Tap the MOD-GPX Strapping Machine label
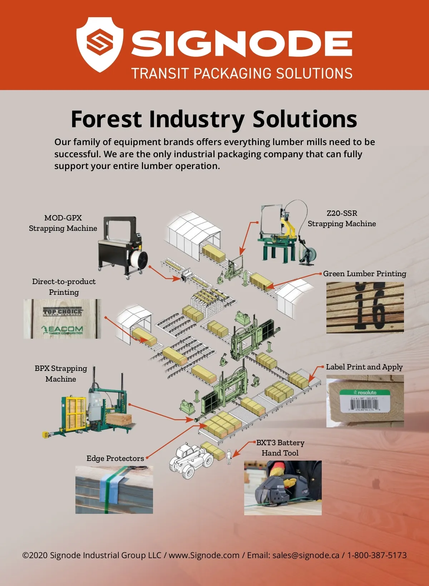(x=63, y=223)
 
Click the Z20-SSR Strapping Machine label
(x=342, y=218)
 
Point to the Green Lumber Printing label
(x=365, y=274)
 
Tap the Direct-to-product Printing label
(x=64, y=287)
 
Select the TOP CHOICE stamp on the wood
(x=63, y=312)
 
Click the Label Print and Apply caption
(x=364, y=367)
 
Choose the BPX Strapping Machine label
(x=61, y=373)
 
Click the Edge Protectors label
(x=115, y=458)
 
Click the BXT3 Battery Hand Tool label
(x=280, y=448)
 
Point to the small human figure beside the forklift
(x=229, y=457)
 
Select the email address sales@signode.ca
(x=306, y=555)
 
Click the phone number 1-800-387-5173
(x=377, y=555)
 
